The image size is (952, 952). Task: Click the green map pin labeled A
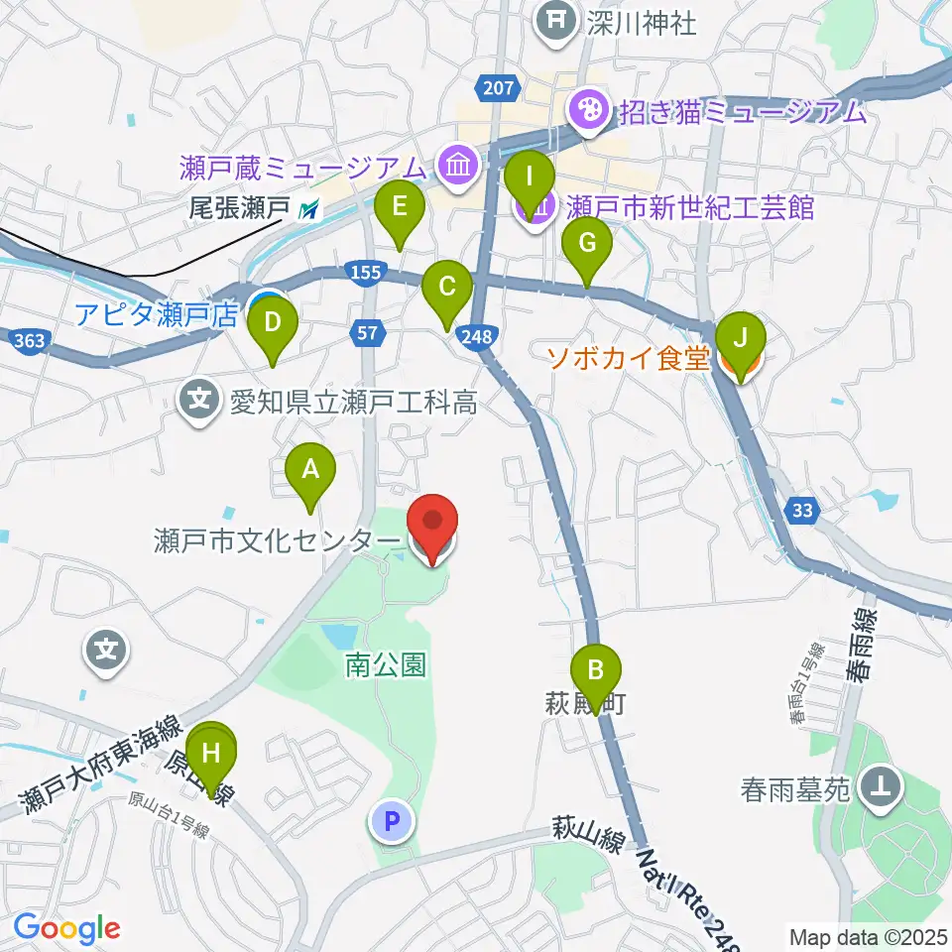310,470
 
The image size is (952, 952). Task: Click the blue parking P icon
392,821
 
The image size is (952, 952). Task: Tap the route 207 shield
500,88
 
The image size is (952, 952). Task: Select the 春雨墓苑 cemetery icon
879,789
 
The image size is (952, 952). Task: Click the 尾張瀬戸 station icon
311,208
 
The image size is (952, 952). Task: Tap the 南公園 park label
386,665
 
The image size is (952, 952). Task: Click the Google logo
66,928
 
